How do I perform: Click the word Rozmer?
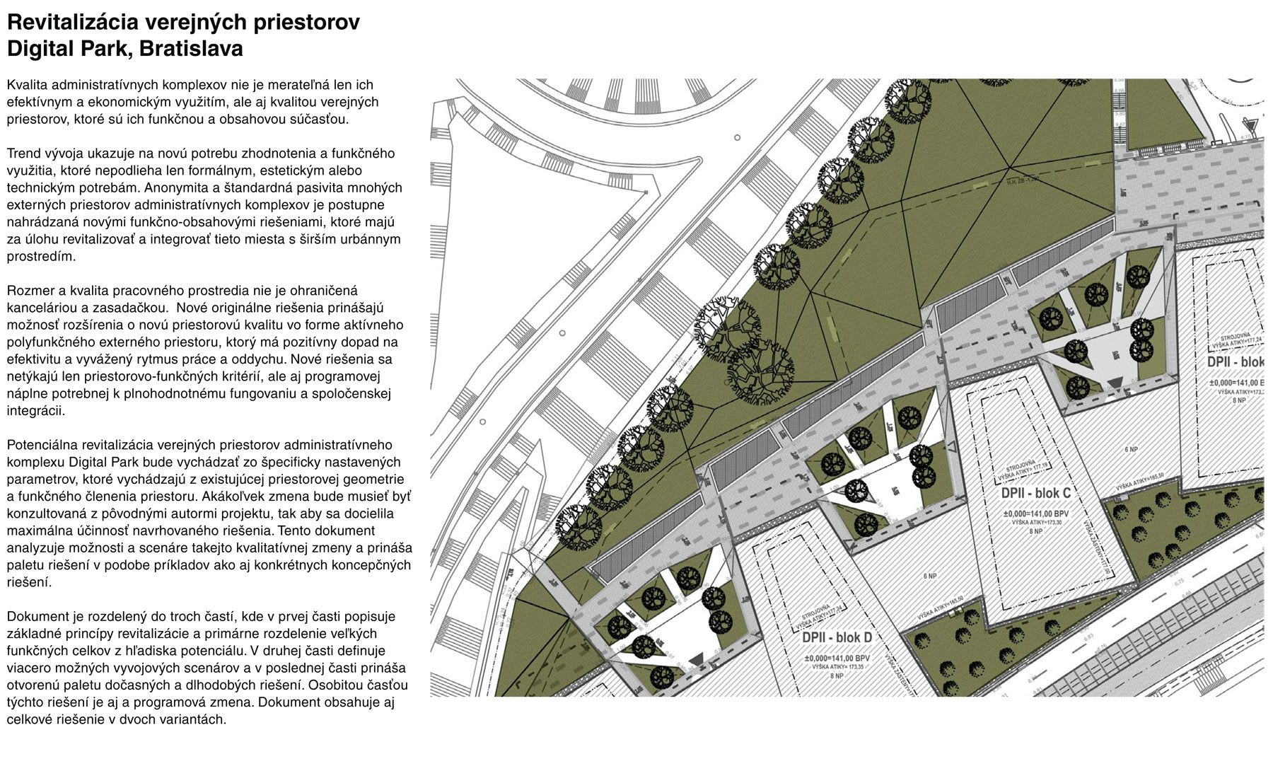pos(29,291)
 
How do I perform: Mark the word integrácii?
pos(37,411)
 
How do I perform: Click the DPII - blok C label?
pos(1035,493)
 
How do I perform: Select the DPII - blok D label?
pos(837,637)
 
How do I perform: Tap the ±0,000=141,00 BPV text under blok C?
pos(1035,514)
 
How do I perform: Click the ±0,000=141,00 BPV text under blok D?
pos(837,659)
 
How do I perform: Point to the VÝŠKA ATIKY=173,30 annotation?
pos(1036,522)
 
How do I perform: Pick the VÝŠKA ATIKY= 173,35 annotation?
pos(837,667)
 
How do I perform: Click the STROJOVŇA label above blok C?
pos(1021,468)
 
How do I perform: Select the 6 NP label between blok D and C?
pos(930,576)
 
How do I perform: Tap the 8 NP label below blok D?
pos(837,675)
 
